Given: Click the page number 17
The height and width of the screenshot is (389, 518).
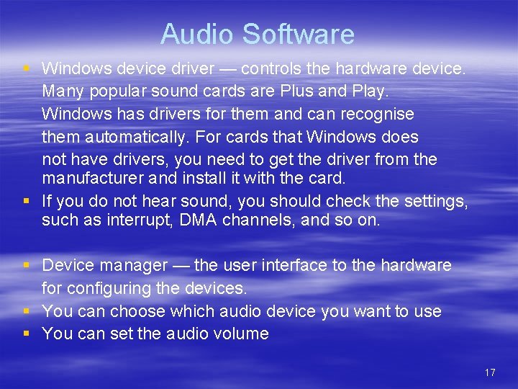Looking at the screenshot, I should point(490,372).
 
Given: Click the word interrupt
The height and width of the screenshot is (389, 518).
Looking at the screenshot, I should point(122,220).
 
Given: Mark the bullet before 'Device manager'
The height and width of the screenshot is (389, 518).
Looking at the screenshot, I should point(27,265).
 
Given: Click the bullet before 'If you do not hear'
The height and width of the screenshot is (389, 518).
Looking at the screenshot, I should point(27,200).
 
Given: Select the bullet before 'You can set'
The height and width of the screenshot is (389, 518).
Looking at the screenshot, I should point(27,334).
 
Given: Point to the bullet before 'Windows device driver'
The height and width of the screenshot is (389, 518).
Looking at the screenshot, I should point(27,68).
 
